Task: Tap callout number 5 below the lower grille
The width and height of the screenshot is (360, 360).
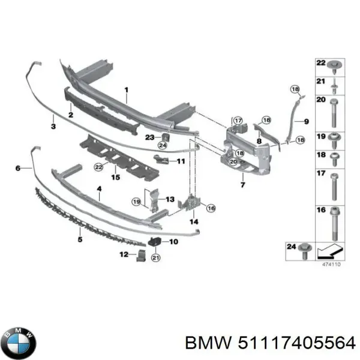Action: pos(79,239)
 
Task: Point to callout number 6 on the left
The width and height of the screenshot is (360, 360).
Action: pos(18,169)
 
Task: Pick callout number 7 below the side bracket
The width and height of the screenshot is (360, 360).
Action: pos(242,185)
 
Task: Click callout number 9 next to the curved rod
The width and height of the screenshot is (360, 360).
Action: pos(305,122)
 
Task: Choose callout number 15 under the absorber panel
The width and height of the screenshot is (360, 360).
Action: pos(116,177)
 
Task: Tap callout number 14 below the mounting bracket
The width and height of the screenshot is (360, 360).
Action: pos(193,222)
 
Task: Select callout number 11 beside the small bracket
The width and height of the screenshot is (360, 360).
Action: pos(180,161)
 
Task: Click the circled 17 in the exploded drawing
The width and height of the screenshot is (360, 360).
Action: pos(238,121)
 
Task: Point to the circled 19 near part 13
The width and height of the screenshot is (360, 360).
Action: pos(137,201)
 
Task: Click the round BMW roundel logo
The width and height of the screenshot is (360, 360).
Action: pos(19,344)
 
